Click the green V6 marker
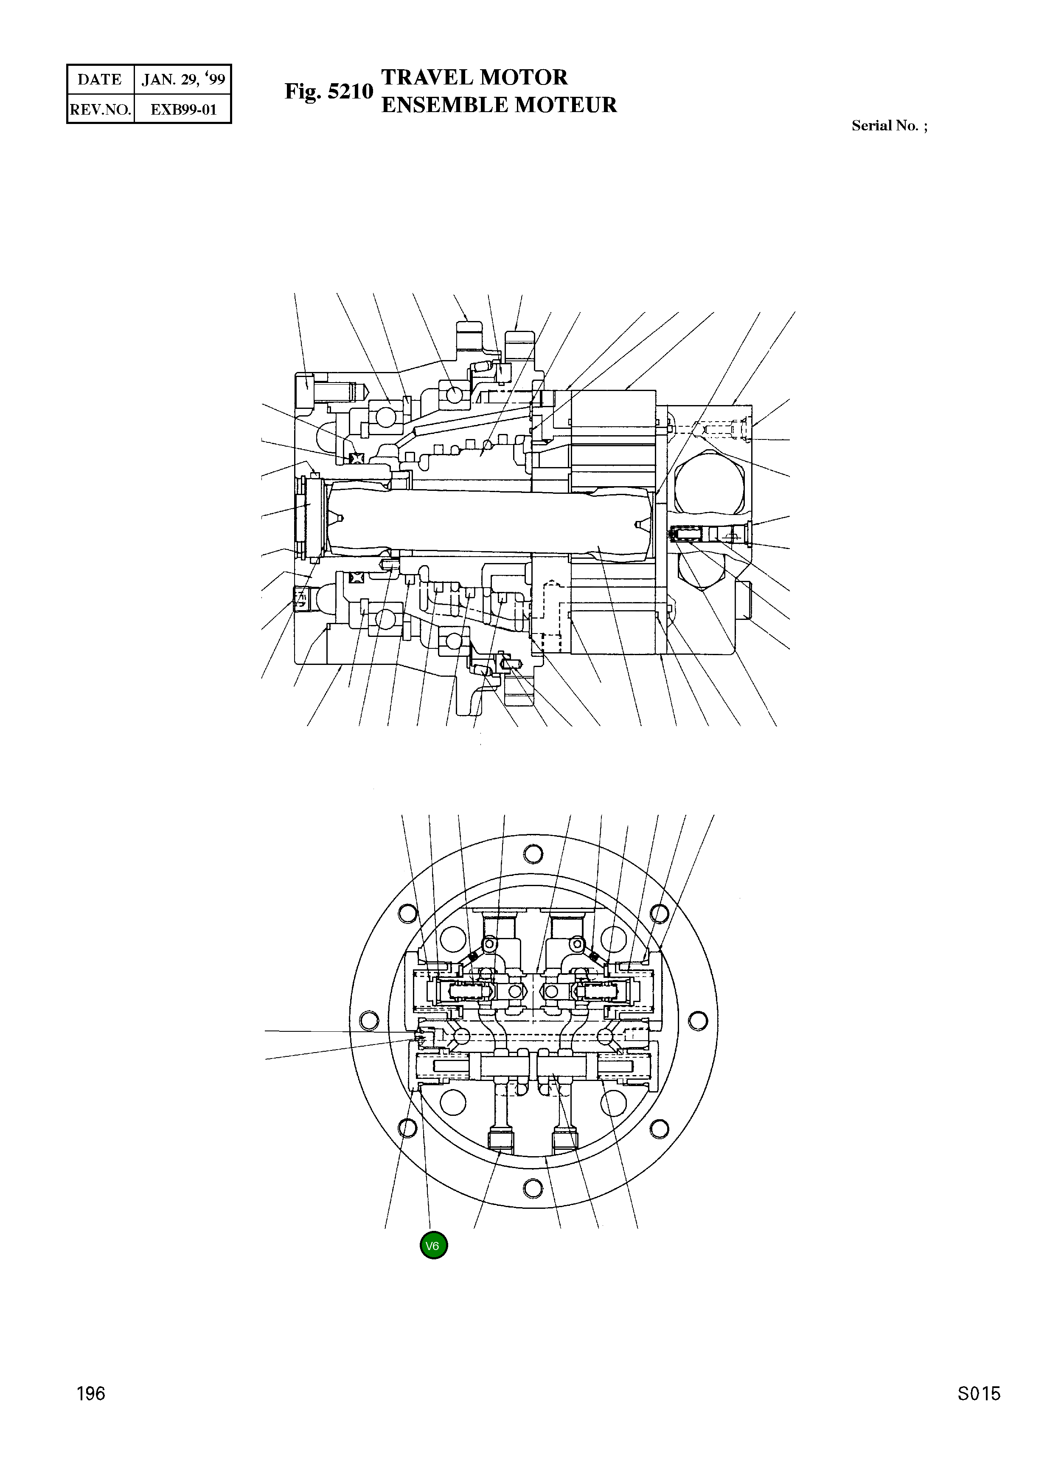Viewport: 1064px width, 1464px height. pyautogui.click(x=433, y=1245)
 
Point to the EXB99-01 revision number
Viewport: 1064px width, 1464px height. pyautogui.click(x=183, y=109)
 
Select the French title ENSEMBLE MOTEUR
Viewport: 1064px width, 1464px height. pyautogui.click(x=499, y=104)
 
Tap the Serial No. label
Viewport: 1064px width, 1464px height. pyautogui.click(x=889, y=126)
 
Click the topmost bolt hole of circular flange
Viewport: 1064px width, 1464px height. pyautogui.click(x=533, y=854)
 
